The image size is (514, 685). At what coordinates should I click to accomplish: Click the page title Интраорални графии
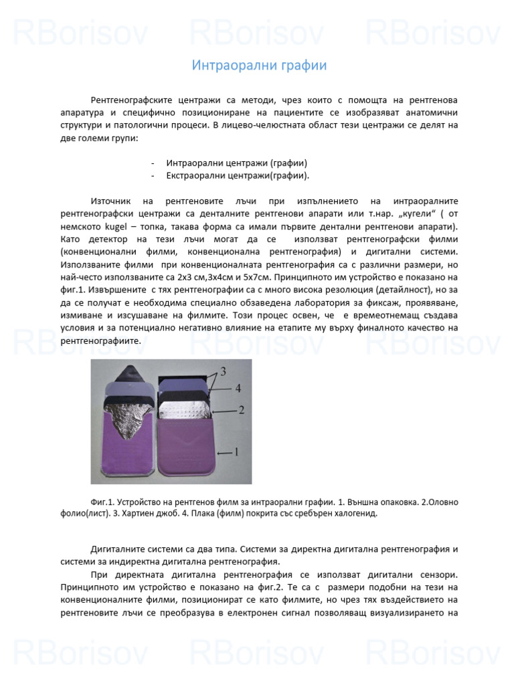[259, 66]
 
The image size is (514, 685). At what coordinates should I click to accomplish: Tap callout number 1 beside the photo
[236, 452]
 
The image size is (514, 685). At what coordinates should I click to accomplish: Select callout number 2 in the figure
[241, 408]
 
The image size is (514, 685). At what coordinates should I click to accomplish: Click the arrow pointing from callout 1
[221, 453]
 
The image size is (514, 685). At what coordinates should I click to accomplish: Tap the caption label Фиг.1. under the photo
[102, 502]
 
